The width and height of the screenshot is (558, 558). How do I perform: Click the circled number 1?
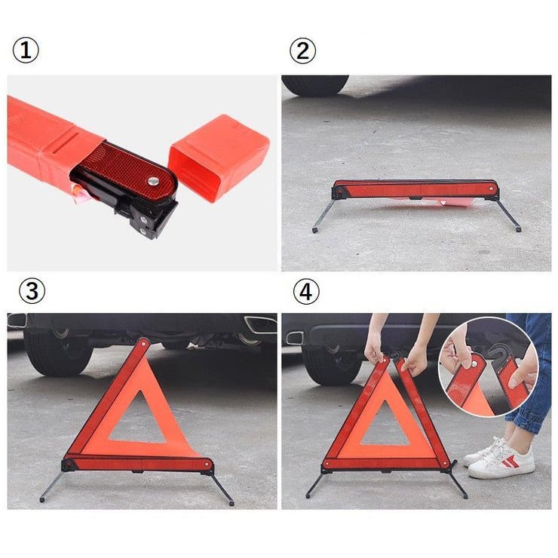click(x=26, y=51)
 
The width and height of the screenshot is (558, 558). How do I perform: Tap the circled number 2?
click(x=302, y=51)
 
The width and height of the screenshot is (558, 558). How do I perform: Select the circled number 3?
click(x=32, y=290)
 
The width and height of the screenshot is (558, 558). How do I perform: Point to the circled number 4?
click(x=305, y=292)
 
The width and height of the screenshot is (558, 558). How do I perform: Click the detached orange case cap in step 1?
click(x=218, y=155)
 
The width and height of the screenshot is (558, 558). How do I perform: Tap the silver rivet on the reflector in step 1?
click(x=153, y=181)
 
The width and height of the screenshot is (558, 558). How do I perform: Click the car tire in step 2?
click(x=315, y=85)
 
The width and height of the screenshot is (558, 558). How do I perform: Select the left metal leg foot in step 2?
click(x=315, y=230)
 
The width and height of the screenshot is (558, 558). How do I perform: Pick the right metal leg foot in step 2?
click(x=519, y=229)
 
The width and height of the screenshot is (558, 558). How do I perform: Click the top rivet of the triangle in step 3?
click(x=143, y=344)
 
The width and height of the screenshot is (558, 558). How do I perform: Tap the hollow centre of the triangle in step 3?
click(x=138, y=421)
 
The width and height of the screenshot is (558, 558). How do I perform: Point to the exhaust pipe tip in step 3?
click(x=260, y=324)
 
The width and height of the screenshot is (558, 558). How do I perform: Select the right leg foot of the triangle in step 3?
click(x=231, y=503)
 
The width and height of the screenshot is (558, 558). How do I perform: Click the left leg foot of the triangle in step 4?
click(x=308, y=495)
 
